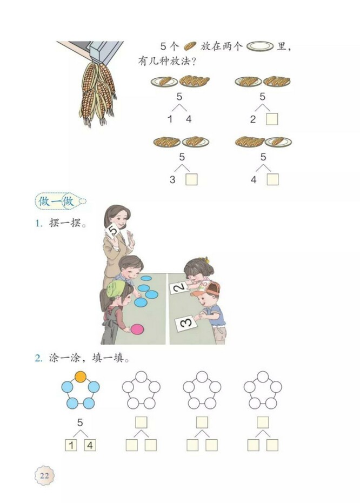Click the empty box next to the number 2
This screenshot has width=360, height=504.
coord(272,119)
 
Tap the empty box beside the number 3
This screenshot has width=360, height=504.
coord(191,179)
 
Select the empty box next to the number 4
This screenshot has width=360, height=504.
coord(272,179)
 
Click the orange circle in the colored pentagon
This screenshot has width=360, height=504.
coord(80,377)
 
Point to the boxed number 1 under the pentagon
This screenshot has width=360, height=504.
coord(70,445)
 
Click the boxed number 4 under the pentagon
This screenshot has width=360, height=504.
coord(90,445)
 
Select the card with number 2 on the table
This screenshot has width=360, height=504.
coord(179,288)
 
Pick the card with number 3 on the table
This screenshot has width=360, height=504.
coord(185,323)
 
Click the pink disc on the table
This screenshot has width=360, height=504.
coord(138,328)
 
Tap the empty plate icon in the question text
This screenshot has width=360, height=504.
coord(260,46)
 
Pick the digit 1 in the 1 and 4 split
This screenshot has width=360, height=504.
coord(170,119)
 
